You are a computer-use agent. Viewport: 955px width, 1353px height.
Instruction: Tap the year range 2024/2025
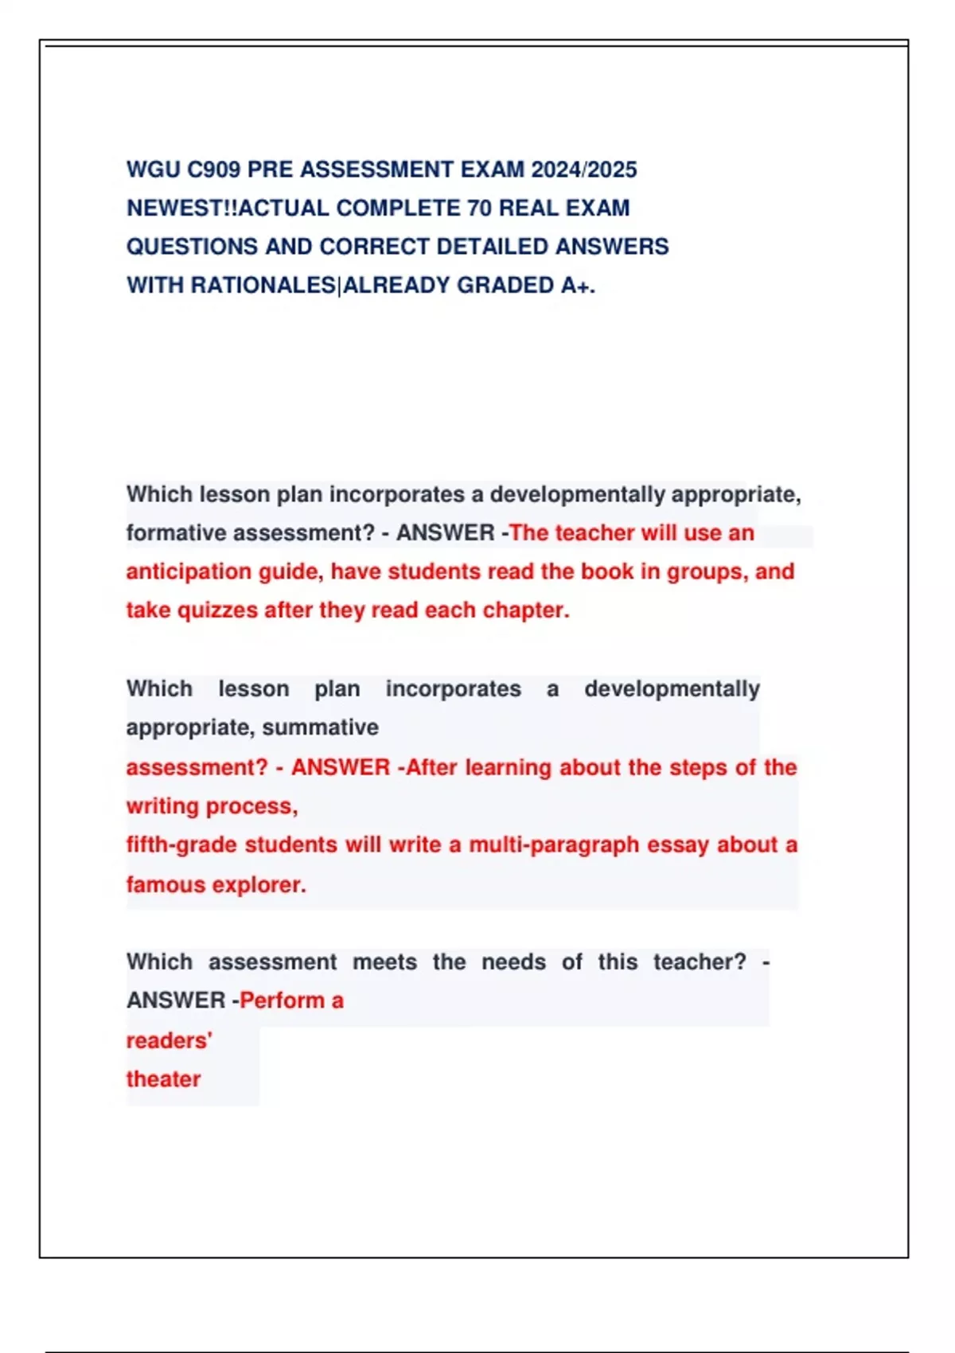(584, 170)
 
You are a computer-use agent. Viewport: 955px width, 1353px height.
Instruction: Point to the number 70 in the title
(479, 209)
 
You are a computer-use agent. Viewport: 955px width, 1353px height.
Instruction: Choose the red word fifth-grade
(181, 844)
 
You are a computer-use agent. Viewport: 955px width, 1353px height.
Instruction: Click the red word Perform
(282, 1000)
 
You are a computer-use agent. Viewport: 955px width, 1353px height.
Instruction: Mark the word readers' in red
(169, 1040)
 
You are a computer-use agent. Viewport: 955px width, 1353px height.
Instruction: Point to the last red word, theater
(163, 1079)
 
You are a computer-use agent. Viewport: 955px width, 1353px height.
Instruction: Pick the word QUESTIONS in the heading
(191, 247)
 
